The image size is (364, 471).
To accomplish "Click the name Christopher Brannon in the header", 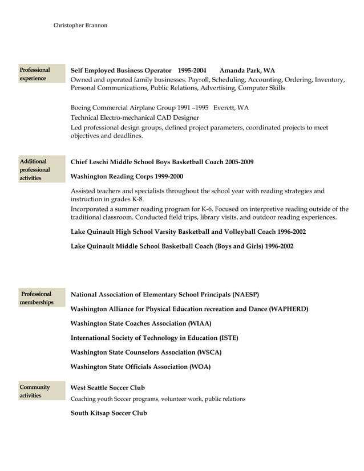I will click(x=80, y=25).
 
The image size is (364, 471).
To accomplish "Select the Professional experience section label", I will click(x=35, y=74).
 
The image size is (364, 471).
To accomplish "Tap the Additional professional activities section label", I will click(x=35, y=170).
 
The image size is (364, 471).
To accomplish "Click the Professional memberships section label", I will click(x=37, y=298).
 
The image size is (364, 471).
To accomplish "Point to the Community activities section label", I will click(x=35, y=391).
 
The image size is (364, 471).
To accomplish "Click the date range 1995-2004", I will click(x=192, y=71).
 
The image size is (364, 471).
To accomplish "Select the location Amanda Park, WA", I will click(x=247, y=71).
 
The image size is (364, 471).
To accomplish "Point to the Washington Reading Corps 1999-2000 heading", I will click(x=127, y=177).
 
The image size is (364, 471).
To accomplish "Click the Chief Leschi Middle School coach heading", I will click(x=162, y=162).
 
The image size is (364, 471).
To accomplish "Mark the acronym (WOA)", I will click(x=200, y=367).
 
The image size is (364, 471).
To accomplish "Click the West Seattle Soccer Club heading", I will click(x=108, y=388).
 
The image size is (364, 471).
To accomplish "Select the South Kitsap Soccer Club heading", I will click(x=108, y=413).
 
